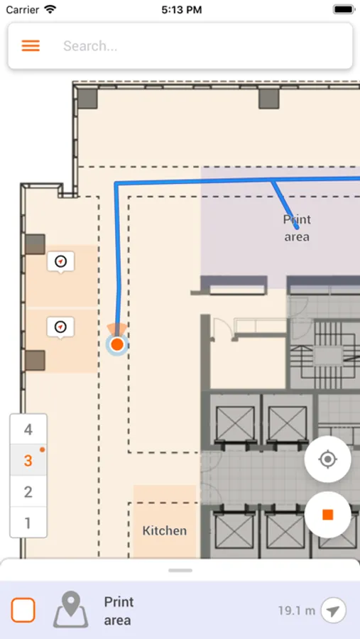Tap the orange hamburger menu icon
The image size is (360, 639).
(x=31, y=45)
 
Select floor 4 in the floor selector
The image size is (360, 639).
(x=28, y=430)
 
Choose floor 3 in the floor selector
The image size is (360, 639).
(x=28, y=461)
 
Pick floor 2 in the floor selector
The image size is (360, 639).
(x=28, y=491)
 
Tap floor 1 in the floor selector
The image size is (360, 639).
(x=28, y=523)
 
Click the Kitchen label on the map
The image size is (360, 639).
(x=165, y=530)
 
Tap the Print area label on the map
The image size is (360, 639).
(x=297, y=228)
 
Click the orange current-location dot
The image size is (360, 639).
(x=117, y=344)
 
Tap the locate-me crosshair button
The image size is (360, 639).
(x=327, y=459)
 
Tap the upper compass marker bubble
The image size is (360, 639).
(x=61, y=261)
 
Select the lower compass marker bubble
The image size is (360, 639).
(x=61, y=327)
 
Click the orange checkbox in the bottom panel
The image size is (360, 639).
(x=23, y=610)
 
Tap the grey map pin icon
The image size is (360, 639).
(x=70, y=609)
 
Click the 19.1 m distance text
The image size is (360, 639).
(x=296, y=611)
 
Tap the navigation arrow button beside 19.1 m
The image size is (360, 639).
(x=334, y=611)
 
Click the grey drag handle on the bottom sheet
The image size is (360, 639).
(x=180, y=570)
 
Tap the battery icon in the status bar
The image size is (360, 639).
(x=344, y=9)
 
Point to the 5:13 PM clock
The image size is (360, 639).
(x=182, y=10)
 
